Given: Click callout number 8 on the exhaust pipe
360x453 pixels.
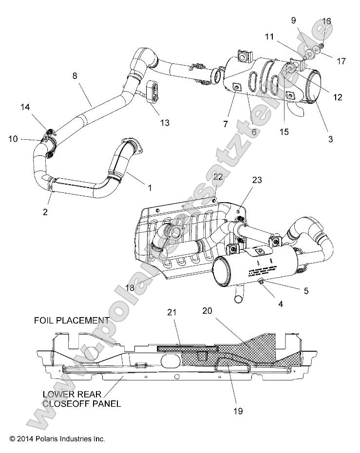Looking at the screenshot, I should pyautogui.click(x=75, y=76).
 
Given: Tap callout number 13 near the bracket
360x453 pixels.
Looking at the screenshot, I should pyautogui.click(x=165, y=123).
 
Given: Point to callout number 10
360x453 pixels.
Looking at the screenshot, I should pyautogui.click(x=13, y=139).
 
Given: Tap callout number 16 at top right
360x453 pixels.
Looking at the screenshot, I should pyautogui.click(x=327, y=21).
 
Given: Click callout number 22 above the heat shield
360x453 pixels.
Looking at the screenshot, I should pyautogui.click(x=218, y=177).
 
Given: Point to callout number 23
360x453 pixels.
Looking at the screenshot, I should pyautogui.click(x=257, y=180).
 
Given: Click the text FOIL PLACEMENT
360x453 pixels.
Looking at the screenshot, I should pyautogui.click(x=71, y=321).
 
